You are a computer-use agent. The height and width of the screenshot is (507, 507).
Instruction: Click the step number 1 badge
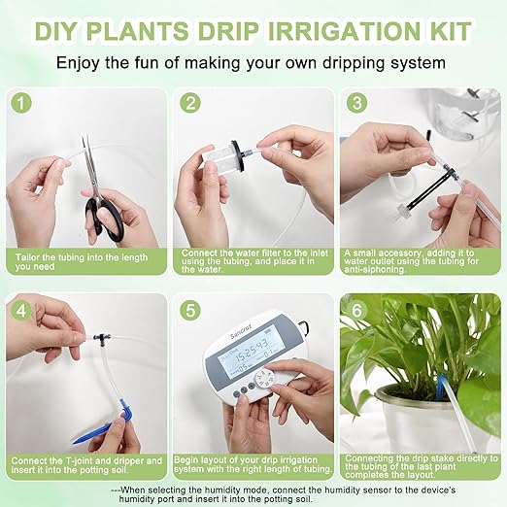click(x=21, y=103)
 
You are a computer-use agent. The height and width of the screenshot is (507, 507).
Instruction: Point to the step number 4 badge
click(x=21, y=313)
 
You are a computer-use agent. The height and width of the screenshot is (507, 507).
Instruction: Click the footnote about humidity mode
click(x=253, y=491)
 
